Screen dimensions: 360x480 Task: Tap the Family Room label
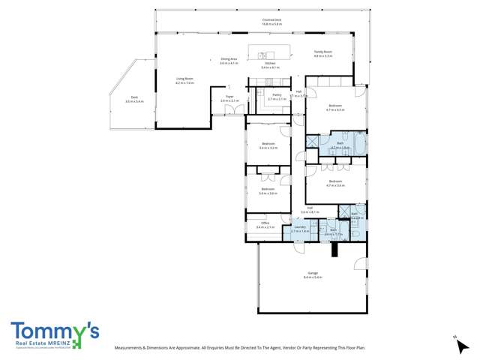(322, 52)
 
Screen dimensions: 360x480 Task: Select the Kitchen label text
(271, 63)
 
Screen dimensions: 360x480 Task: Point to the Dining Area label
(229, 58)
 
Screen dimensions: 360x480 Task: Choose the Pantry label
(277, 94)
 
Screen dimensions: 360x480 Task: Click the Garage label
(313, 272)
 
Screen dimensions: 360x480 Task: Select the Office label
(265, 223)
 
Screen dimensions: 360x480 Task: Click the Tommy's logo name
(54, 331)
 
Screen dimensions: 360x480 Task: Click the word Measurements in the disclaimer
(132, 348)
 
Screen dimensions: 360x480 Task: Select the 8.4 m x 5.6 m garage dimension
(313, 277)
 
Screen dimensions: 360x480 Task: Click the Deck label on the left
(134, 96)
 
